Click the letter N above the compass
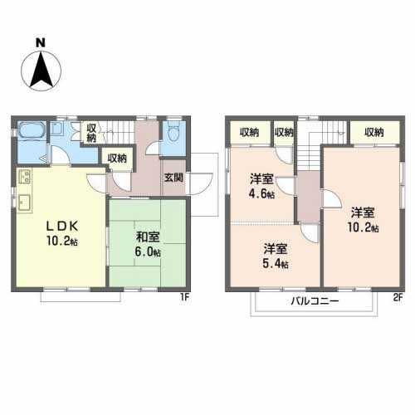coord(41,43)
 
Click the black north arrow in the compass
coord(41,70)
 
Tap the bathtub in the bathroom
coord(32,129)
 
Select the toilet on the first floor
coord(173,134)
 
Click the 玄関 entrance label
coord(173,178)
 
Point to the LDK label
coord(62,227)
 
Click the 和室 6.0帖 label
coord(148,245)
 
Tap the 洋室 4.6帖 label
coord(261,186)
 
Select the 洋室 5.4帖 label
coord(276,256)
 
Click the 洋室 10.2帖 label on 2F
coord(363,220)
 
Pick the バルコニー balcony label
coord(315,300)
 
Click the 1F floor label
coord(184,297)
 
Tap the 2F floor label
coord(398,297)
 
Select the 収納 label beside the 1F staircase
coord(91,133)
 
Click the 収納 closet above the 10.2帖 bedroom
coord(374,133)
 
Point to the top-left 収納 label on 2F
coord(250,133)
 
